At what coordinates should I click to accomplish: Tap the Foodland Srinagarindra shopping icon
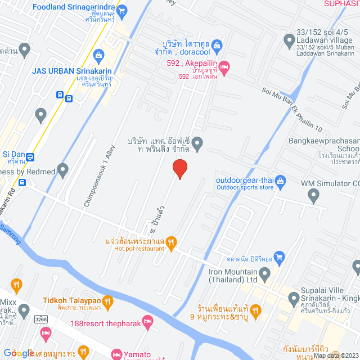[124, 9]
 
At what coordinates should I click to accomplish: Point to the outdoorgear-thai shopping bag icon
[281, 181]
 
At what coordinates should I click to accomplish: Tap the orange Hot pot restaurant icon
[172, 242]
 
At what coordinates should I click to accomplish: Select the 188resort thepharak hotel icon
[147, 323]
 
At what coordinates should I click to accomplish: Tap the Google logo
[18, 353]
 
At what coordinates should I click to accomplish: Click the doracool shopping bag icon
[217, 44]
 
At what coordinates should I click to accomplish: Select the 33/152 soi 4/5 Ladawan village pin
[289, 39]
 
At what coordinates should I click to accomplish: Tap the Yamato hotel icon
[116, 354]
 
